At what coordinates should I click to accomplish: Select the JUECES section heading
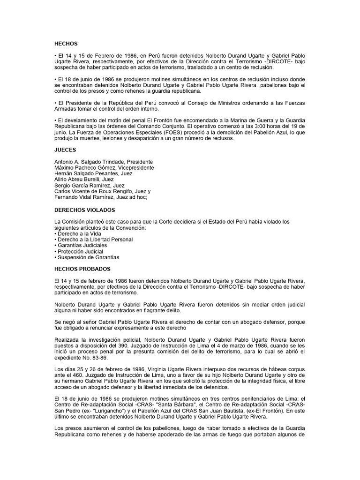click(65, 152)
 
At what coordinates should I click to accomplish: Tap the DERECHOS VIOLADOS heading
click(84, 210)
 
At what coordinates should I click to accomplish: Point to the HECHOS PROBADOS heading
click(82, 269)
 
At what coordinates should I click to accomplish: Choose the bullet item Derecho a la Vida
click(79, 233)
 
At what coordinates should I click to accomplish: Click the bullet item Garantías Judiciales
click(82, 245)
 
